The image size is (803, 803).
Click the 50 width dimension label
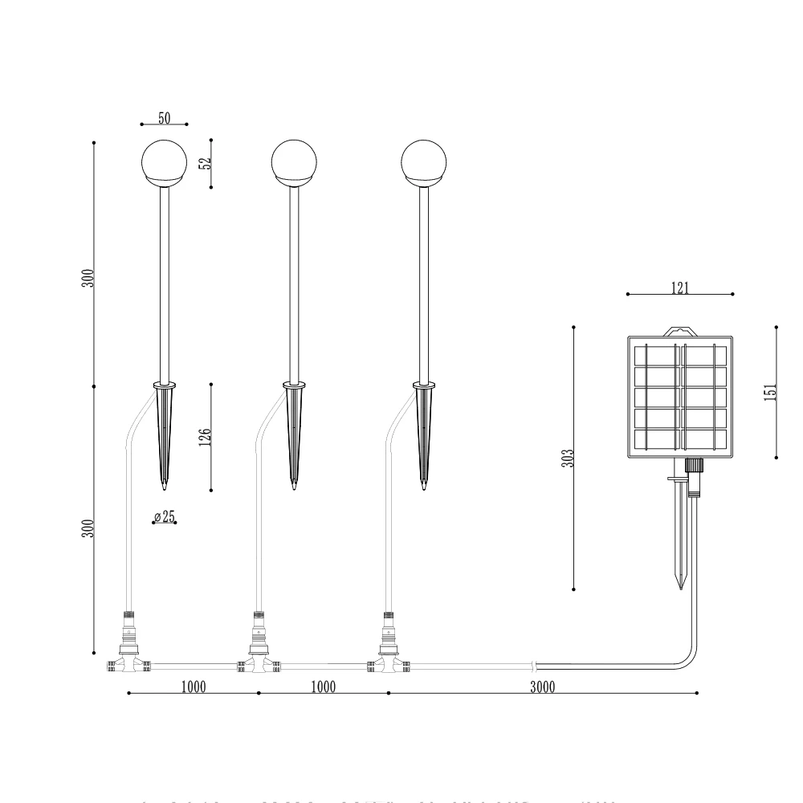pos(164,118)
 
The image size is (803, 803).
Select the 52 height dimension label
pos(206,161)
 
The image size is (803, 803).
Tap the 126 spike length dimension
pos(206,437)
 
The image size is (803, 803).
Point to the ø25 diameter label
pos(164,516)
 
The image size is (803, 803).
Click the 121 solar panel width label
pos(680,288)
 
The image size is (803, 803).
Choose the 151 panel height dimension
pos(770,391)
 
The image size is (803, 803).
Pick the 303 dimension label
pos(568,459)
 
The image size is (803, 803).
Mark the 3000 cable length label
pos(543,687)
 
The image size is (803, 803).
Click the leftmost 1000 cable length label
pos(193,687)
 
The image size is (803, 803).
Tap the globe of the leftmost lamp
pos(164,161)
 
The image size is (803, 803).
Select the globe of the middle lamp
pos(294,161)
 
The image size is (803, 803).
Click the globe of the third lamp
pos(423,161)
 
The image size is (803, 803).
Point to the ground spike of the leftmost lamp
pos(164,434)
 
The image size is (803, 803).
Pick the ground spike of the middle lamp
pos(294,434)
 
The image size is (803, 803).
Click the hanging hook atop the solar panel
pos(679,330)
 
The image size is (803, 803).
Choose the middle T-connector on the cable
pos(257,663)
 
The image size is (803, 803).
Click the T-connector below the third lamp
pos(388,663)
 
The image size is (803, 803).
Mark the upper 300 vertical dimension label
pos(90,278)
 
